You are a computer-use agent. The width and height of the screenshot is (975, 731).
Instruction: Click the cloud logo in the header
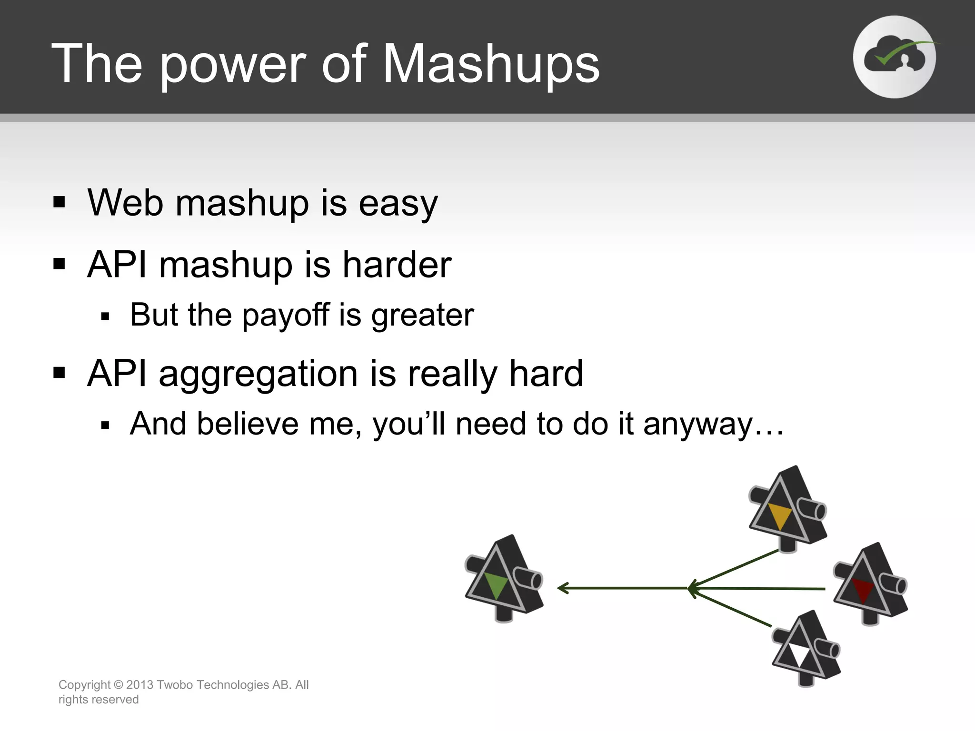pos(895,57)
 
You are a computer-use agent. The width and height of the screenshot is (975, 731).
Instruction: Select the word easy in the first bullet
pos(398,204)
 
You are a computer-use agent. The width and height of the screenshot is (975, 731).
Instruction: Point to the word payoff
pos(285,316)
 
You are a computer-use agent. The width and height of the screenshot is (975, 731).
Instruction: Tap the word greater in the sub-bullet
pos(422,316)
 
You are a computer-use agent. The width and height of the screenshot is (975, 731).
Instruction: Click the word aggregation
pos(258,374)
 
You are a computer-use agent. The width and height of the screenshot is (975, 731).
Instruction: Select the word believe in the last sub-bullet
pos(248,424)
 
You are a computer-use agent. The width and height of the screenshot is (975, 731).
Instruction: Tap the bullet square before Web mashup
pos(59,202)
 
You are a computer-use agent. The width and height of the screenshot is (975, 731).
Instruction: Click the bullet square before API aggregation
pos(59,372)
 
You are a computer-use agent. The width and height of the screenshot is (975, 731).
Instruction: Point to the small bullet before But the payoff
pos(106,316)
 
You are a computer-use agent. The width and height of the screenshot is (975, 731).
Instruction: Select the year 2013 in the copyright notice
pos(139,685)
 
